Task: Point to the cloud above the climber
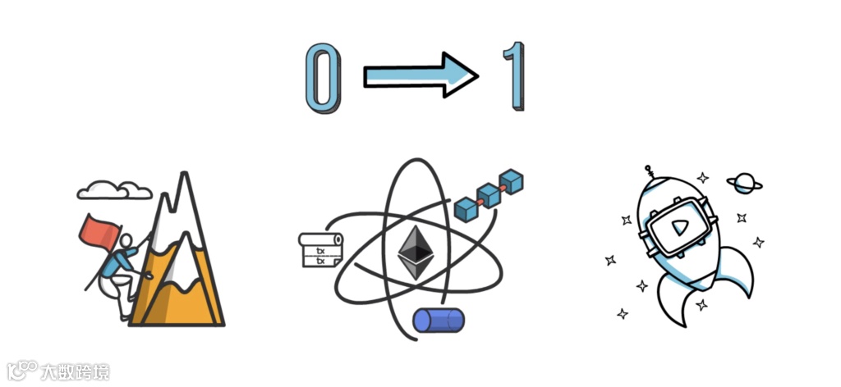click(114, 189)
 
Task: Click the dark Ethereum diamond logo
click(416, 253)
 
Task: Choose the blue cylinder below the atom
click(438, 320)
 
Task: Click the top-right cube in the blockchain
click(512, 181)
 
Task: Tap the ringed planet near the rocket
click(743, 183)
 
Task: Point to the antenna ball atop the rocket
click(649, 171)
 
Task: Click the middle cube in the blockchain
click(490, 194)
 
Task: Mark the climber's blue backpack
click(119, 262)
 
